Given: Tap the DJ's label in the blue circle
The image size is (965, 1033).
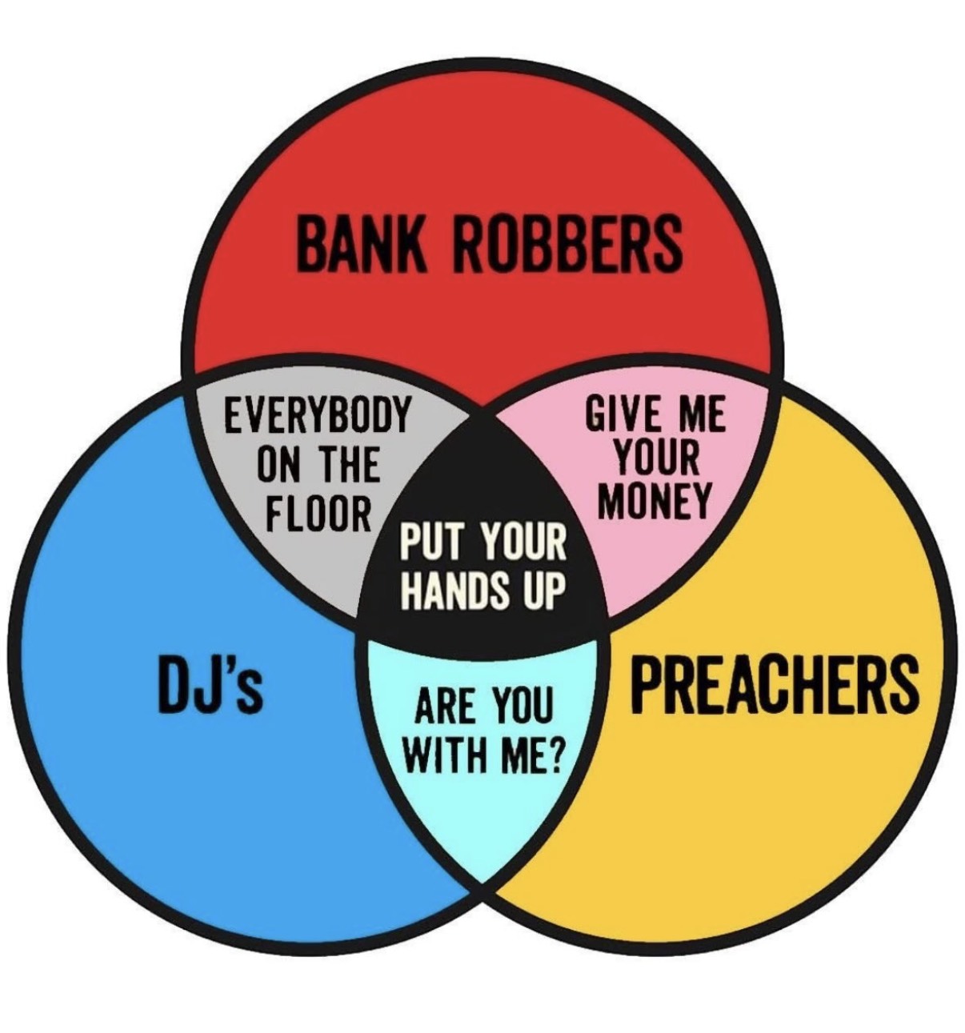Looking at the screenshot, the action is [210, 686].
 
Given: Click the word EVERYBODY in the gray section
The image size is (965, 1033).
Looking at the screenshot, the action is [316, 414].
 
